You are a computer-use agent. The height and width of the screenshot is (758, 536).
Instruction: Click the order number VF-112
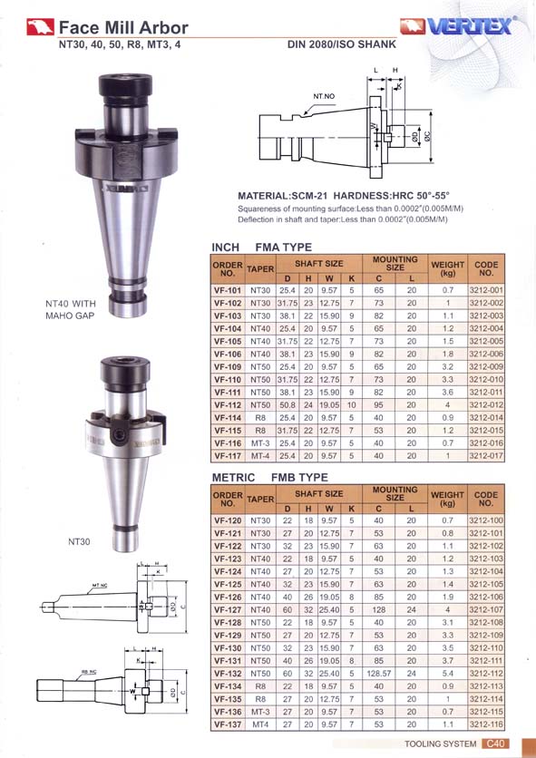[x=228, y=404]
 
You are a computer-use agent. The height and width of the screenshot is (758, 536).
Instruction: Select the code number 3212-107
[x=486, y=609]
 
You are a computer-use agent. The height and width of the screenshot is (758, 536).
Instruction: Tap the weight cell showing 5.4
[x=447, y=673]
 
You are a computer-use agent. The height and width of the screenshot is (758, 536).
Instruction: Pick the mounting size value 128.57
[x=378, y=673]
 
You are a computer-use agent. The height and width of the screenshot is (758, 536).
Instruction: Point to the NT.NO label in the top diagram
[x=324, y=96]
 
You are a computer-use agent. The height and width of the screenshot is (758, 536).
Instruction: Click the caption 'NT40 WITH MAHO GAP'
[x=71, y=309]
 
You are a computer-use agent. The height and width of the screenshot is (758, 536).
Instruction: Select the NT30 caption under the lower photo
[x=79, y=541]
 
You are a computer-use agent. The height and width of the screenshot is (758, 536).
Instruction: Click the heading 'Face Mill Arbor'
[x=123, y=27]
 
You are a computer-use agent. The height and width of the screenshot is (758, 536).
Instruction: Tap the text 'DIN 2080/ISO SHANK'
[x=342, y=44]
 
